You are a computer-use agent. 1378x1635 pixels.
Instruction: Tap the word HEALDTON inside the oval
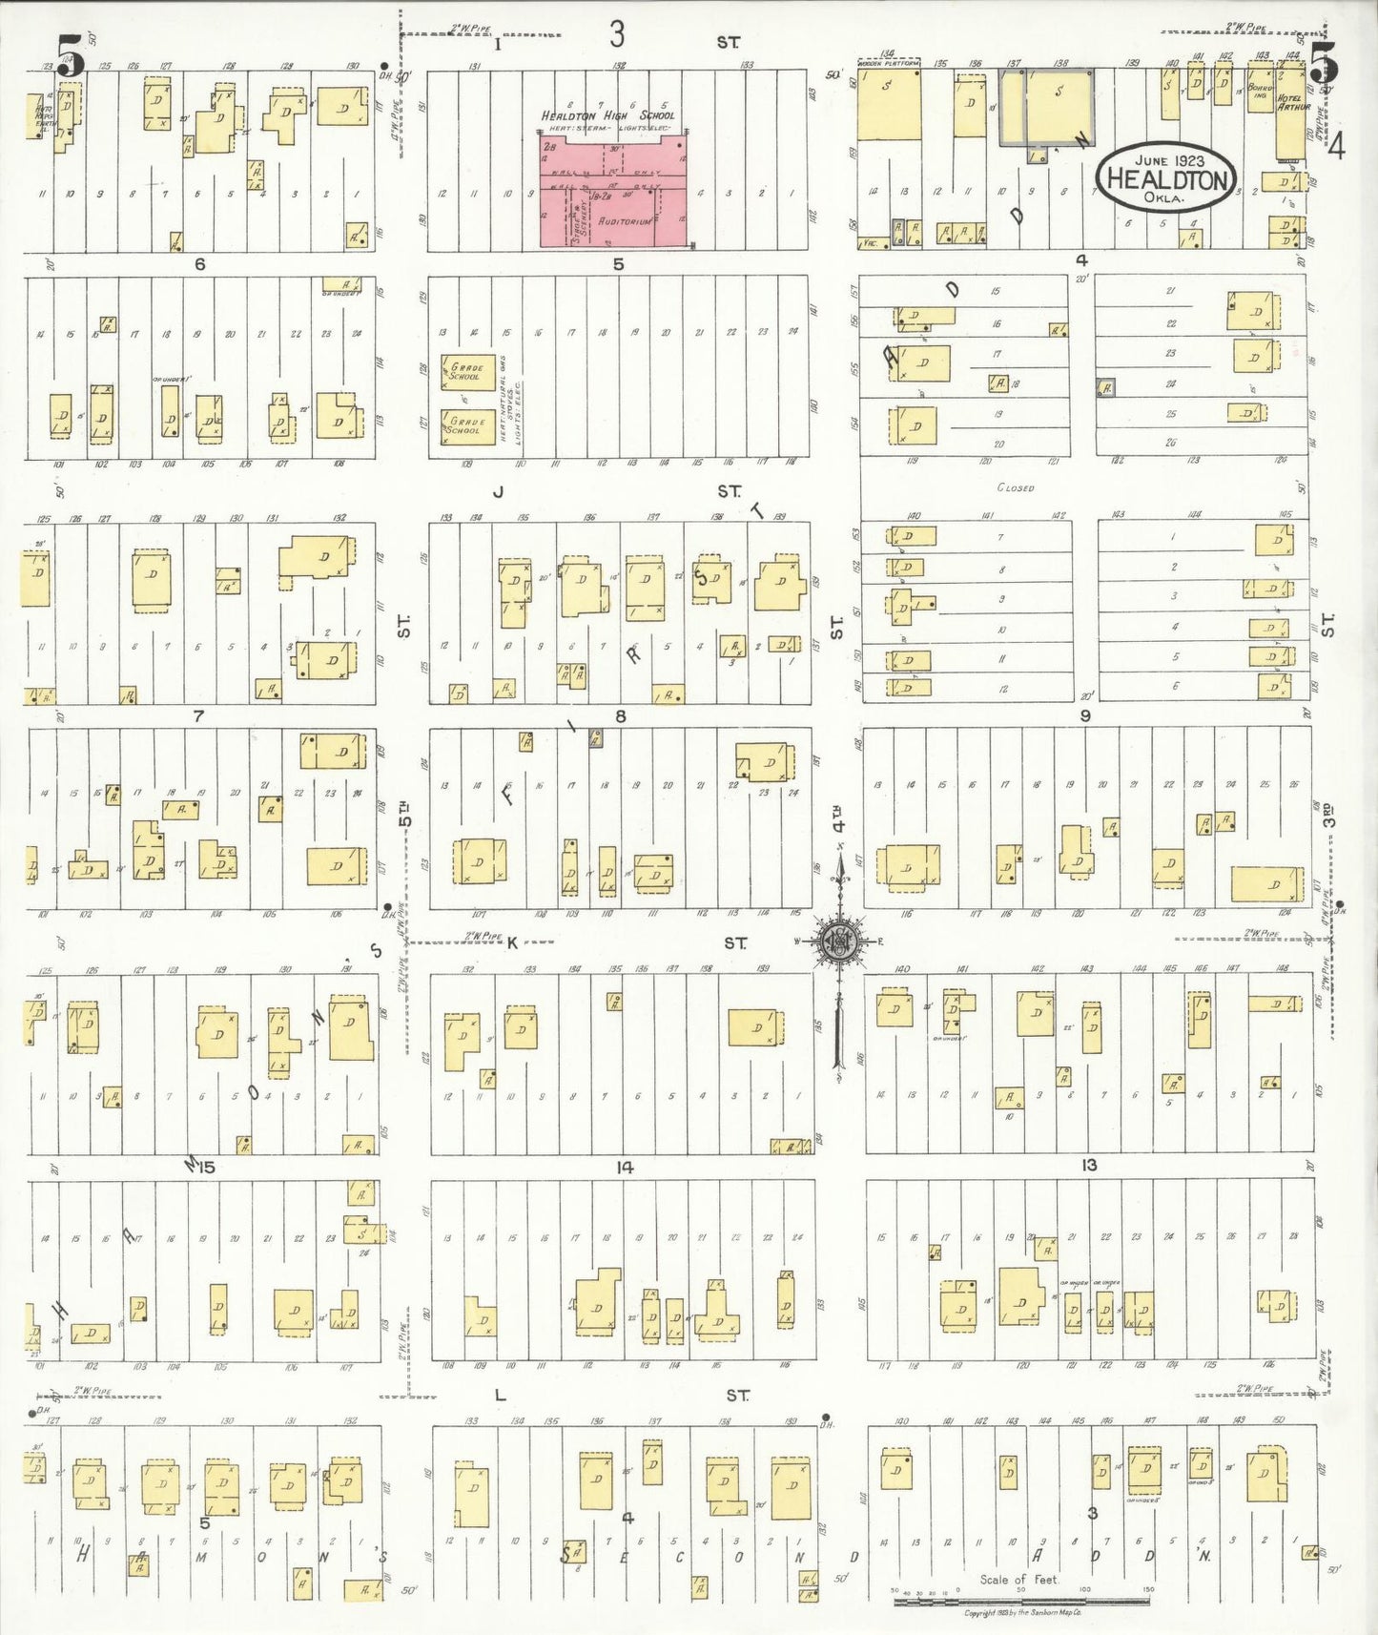click(x=1166, y=179)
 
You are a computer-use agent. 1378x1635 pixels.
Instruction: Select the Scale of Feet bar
click(x=1020, y=1600)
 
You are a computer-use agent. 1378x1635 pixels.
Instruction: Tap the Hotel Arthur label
click(x=1289, y=102)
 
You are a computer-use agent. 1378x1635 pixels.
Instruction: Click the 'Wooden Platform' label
click(x=889, y=63)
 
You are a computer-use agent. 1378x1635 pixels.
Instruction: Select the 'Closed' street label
click(x=1015, y=487)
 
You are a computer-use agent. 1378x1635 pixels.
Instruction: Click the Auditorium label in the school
click(x=625, y=221)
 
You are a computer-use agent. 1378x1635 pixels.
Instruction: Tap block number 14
click(x=625, y=1168)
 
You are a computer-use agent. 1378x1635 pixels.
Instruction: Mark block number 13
click(x=1089, y=1165)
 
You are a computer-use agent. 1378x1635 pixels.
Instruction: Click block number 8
click(x=621, y=715)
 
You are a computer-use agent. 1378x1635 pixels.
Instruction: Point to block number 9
click(x=1085, y=714)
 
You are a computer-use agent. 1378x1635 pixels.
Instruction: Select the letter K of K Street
click(x=511, y=943)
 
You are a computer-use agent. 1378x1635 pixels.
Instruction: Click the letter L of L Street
click(x=500, y=1396)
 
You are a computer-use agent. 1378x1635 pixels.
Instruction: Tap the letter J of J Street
click(x=498, y=492)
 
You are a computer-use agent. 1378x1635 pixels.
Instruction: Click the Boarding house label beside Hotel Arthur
click(x=1260, y=92)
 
